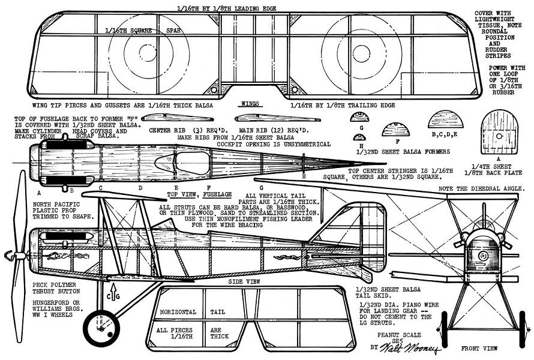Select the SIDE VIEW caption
point(245,281)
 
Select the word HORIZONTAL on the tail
point(178,313)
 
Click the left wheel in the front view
point(445,332)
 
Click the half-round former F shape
point(394,128)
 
